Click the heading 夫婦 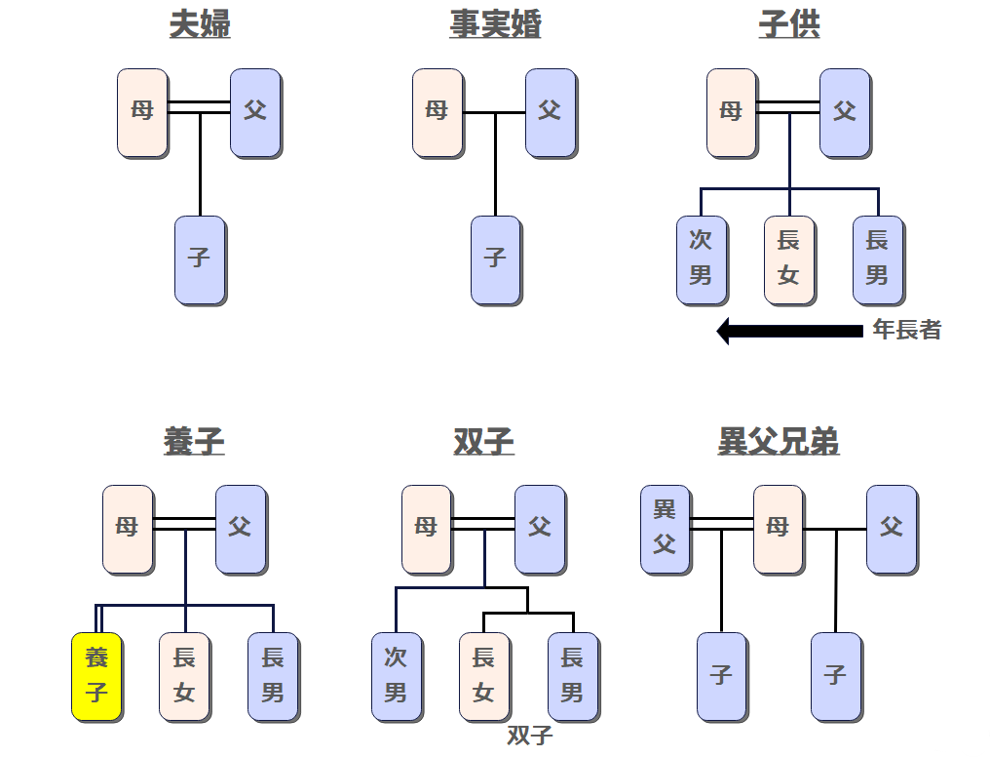pyautogui.click(x=200, y=24)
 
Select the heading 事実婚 pyautogui.click(x=495, y=24)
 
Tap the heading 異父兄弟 pyautogui.click(x=779, y=441)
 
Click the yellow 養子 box pyautogui.click(x=96, y=676)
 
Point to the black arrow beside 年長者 pyautogui.click(x=790, y=331)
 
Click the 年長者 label pyautogui.click(x=907, y=330)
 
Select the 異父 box pyautogui.click(x=665, y=528)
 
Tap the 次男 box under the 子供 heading pyautogui.click(x=702, y=259)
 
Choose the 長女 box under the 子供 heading pyautogui.click(x=789, y=259)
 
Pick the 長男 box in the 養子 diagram pyautogui.click(x=273, y=676)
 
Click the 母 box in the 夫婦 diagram pyautogui.click(x=142, y=112)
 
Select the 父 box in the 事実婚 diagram pyautogui.click(x=551, y=112)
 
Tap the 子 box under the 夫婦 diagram pyautogui.click(x=200, y=259)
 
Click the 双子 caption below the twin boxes pyautogui.click(x=530, y=736)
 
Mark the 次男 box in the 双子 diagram pyautogui.click(x=396, y=676)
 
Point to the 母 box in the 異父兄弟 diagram pyautogui.click(x=778, y=528)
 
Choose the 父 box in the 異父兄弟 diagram pyautogui.click(x=892, y=528)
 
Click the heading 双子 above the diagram pyautogui.click(x=483, y=441)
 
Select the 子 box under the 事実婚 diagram pyautogui.click(x=495, y=259)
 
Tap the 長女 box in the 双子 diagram pyautogui.click(x=484, y=676)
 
